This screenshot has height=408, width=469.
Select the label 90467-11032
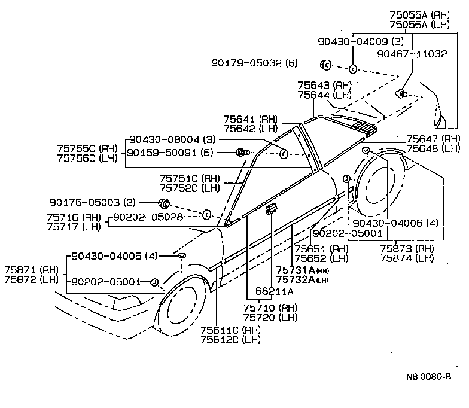(412, 53)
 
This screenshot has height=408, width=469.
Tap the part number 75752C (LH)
(190, 188)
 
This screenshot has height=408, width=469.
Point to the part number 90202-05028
(147, 217)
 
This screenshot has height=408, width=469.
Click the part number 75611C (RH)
(230, 329)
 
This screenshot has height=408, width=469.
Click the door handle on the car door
(271, 208)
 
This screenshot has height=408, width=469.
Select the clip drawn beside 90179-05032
(327, 63)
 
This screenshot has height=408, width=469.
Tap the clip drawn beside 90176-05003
(165, 203)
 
